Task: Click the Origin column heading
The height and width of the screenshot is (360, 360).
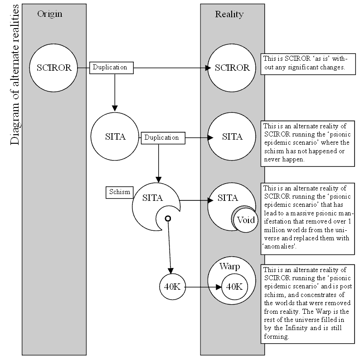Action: pyautogui.click(x=49, y=14)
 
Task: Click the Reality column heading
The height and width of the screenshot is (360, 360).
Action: pyautogui.click(x=229, y=14)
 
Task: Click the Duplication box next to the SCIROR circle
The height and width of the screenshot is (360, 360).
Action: pyautogui.click(x=112, y=68)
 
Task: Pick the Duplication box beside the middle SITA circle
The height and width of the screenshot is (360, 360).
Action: pyautogui.click(x=163, y=138)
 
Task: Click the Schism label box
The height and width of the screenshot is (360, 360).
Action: pyautogui.click(x=119, y=192)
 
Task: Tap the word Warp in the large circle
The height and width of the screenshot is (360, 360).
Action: pyautogui.click(x=229, y=266)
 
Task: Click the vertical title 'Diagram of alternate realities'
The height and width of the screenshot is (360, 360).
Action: pyautogui.click(x=15, y=75)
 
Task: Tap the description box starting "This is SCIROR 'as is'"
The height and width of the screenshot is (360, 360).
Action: pyautogui.click(x=308, y=64)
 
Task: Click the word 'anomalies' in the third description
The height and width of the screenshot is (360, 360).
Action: pyautogui.click(x=279, y=247)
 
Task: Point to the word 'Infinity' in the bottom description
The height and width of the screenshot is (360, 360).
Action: pyautogui.click(x=297, y=328)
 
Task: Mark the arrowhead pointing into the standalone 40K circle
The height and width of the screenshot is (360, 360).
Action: pyautogui.click(x=170, y=271)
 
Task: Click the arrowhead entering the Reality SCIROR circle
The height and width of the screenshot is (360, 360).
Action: pyautogui.click(x=208, y=68)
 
